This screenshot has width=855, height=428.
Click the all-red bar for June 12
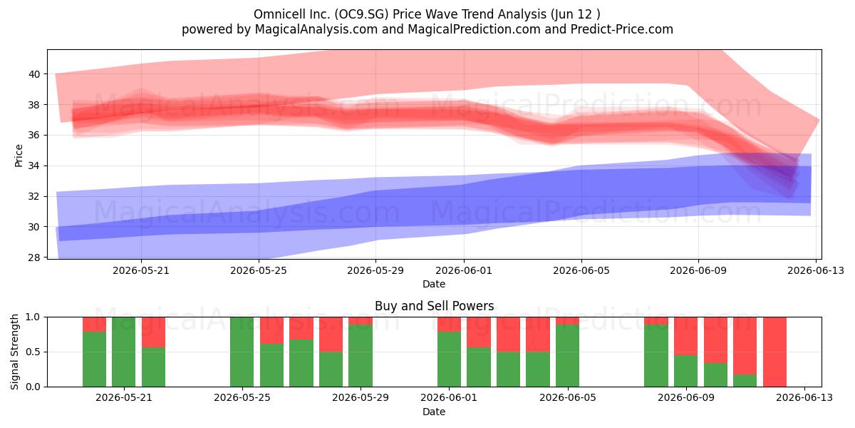(774, 352)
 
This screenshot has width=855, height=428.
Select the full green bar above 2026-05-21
(124, 352)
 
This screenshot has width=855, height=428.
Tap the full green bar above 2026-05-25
(242, 352)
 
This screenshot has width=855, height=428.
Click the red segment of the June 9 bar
(686, 336)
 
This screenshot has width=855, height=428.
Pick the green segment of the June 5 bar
(568, 355)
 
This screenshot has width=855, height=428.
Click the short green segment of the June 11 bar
(745, 380)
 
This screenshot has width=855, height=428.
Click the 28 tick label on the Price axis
(34, 258)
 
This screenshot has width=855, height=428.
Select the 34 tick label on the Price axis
(34, 165)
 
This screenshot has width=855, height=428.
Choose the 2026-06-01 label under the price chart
(464, 270)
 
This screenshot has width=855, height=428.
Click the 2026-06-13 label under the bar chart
(804, 397)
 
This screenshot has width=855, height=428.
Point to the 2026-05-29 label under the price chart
(375, 270)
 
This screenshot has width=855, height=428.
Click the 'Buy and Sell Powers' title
(435, 306)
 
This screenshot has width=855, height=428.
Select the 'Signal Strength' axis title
(14, 352)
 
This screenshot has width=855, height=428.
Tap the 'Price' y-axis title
(19, 156)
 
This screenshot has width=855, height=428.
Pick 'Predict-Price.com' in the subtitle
(622, 29)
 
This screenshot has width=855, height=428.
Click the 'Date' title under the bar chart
(434, 412)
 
